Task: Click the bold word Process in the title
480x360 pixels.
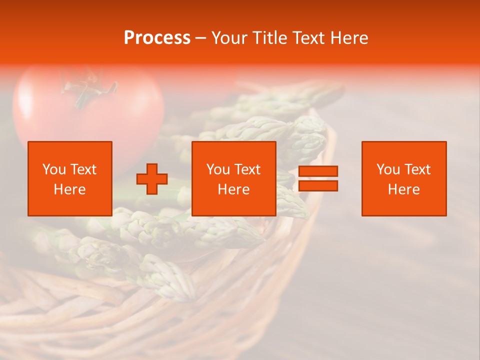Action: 157,38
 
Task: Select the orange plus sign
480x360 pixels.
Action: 152,178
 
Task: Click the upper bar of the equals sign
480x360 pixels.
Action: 318,171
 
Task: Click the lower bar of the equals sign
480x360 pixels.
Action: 318,186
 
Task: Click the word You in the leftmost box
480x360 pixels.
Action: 54,169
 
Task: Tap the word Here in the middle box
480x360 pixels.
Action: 234,189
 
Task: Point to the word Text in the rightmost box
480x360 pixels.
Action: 418,169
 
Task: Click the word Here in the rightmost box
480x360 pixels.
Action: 404,189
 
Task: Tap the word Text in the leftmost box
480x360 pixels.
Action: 84,169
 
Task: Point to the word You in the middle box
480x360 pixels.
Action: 218,169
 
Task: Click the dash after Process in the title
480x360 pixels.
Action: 201,38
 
